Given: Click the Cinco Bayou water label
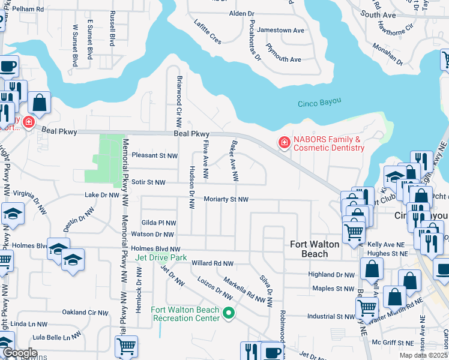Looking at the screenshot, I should point(319,104).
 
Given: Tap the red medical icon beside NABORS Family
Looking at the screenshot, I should point(282,143).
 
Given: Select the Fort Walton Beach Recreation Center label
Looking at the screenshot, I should point(184,314).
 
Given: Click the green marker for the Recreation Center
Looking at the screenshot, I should point(228,313).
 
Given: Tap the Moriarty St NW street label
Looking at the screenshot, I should point(226,199).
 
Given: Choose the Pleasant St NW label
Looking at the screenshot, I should point(154,155).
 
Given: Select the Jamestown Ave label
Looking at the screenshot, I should point(282,30).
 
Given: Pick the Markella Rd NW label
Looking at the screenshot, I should point(244,290).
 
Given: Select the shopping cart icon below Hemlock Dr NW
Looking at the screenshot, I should point(126,346).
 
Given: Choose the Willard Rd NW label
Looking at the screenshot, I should point(212,263).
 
